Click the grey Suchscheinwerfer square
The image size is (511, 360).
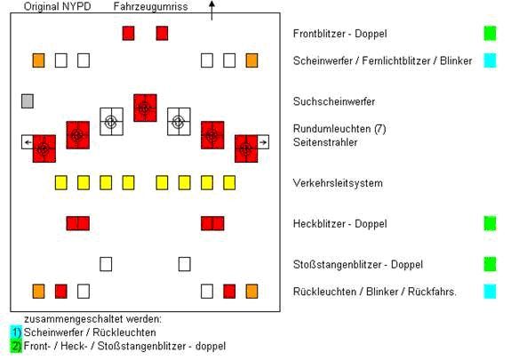pyautogui.click(x=28, y=101)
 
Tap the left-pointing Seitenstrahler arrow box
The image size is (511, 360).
pyautogui.click(x=28, y=142)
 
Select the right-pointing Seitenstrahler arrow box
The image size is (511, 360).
pyautogui.click(x=263, y=142)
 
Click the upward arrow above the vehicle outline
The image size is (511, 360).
pyautogui.click(x=212, y=11)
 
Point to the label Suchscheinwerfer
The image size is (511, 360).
pyautogui.click(x=334, y=101)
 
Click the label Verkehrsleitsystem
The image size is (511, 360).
pyautogui.click(x=338, y=183)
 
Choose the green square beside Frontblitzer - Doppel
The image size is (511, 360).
pyautogui.click(x=491, y=33)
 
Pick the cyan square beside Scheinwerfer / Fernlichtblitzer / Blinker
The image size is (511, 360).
pyautogui.click(x=491, y=60)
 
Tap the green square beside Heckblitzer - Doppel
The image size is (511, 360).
pyautogui.click(x=491, y=223)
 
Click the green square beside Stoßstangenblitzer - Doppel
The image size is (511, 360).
pyautogui.click(x=491, y=264)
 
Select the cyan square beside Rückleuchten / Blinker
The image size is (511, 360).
pyautogui.click(x=491, y=292)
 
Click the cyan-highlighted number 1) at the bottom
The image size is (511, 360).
pyautogui.click(x=16, y=332)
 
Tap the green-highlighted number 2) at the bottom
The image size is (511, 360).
pyautogui.click(x=16, y=346)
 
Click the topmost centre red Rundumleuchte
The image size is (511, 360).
pyautogui.click(x=145, y=108)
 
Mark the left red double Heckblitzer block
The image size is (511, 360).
pyautogui.click(x=78, y=223)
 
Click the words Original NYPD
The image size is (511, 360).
pyautogui.click(x=58, y=6)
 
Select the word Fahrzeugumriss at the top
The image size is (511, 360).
pyautogui.click(x=150, y=6)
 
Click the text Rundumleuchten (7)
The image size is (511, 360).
pyautogui.click(x=339, y=129)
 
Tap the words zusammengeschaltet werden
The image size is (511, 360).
pyautogui.click(x=93, y=319)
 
